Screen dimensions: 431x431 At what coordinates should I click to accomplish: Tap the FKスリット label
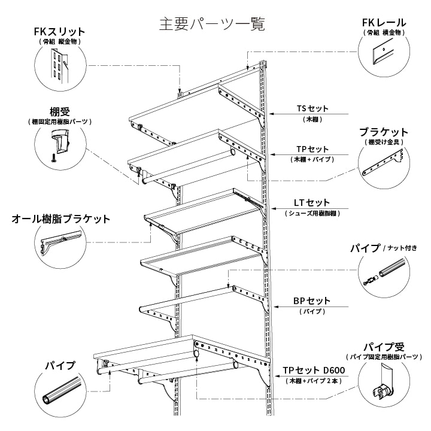[x=60, y=31]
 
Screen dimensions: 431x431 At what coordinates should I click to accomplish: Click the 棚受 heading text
[x=60, y=111]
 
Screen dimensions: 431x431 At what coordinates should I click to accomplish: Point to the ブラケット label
[x=384, y=132]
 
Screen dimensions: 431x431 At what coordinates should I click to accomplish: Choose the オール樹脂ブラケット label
[x=61, y=219]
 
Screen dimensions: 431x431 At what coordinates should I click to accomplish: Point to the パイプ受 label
[x=384, y=347]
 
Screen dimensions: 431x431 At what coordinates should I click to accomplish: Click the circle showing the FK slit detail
[x=60, y=66]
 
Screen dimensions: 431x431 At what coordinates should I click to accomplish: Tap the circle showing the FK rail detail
[x=384, y=57]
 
